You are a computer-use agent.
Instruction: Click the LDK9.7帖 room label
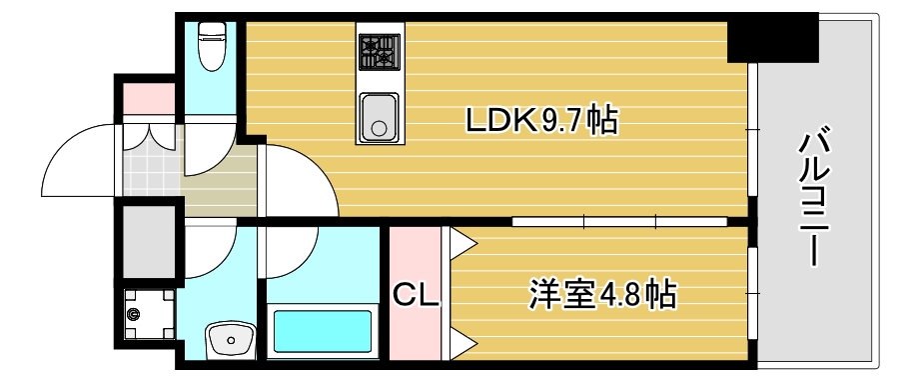(x=540, y=121)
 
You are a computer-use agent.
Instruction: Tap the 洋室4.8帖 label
(x=601, y=295)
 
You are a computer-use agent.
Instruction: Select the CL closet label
(x=415, y=295)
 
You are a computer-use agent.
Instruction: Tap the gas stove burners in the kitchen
(x=380, y=50)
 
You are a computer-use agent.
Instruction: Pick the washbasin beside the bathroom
(x=231, y=340)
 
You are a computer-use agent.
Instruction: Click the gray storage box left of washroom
(x=147, y=240)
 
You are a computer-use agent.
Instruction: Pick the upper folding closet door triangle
(x=461, y=241)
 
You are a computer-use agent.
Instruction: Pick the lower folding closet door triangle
(x=461, y=346)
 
